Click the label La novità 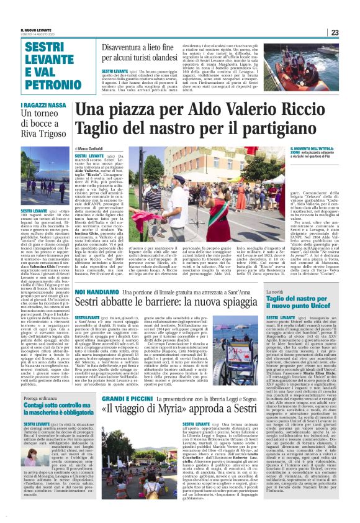tap(274, 291)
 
